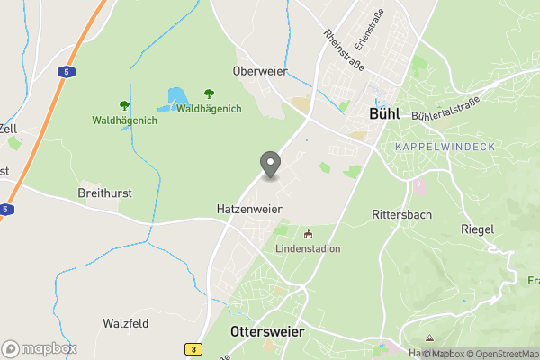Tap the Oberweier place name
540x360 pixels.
point(259,71)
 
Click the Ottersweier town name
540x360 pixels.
point(267,332)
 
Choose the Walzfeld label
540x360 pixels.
point(125,323)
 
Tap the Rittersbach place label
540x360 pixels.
point(402,215)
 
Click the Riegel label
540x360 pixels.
point(477,229)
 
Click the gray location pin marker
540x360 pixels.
point(270,164)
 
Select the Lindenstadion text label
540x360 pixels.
point(308,248)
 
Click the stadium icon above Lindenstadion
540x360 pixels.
point(308,234)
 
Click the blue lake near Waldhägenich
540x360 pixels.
point(177,97)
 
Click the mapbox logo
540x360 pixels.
point(40,348)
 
